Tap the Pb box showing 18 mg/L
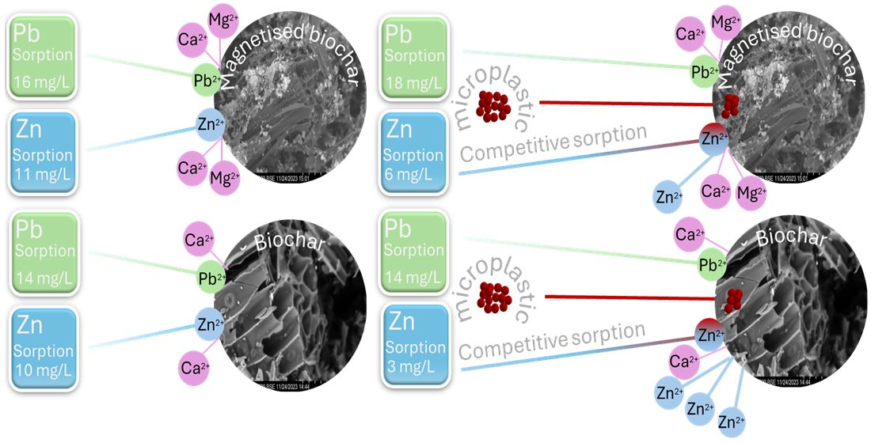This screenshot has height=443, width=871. click(x=414, y=58)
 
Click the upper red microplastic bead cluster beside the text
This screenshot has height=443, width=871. click(x=494, y=105)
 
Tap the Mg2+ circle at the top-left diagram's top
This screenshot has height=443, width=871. click(x=222, y=22)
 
